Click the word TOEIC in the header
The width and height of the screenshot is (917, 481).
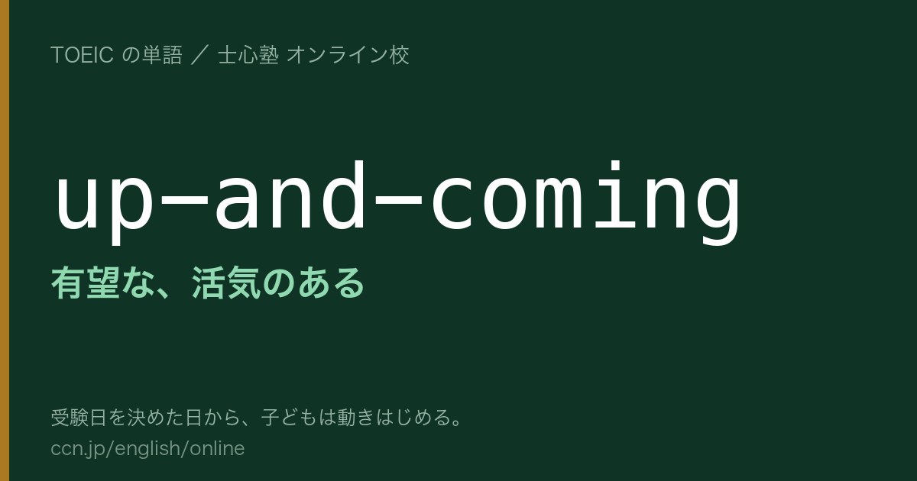click(x=82, y=55)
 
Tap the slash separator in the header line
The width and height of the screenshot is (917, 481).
click(x=200, y=55)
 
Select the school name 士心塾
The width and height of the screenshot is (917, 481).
click(x=248, y=55)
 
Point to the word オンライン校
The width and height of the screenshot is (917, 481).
click(x=348, y=55)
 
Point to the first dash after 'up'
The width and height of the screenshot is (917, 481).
click(x=184, y=199)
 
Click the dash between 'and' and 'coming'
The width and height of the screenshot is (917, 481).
click(x=398, y=199)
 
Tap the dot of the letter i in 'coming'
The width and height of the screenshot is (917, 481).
click(x=614, y=166)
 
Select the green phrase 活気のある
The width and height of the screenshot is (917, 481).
click(x=278, y=282)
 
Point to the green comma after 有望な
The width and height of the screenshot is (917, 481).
click(x=164, y=292)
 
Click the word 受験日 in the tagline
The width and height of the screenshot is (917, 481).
click(x=79, y=418)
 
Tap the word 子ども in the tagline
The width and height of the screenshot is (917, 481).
click(x=290, y=418)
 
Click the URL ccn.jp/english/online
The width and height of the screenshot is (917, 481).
click(x=147, y=448)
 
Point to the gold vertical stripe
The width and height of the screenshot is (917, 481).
click(x=5, y=240)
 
